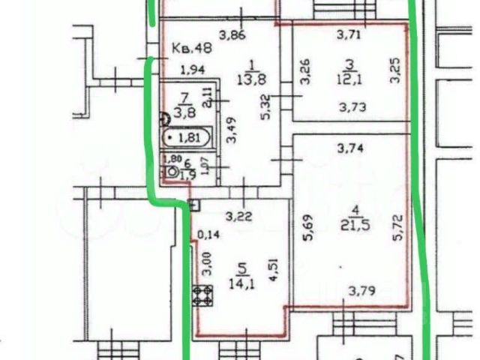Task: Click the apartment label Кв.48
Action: (192, 48)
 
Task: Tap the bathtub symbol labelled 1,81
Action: (188, 138)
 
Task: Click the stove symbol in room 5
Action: (202, 295)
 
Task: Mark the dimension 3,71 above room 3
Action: (349, 34)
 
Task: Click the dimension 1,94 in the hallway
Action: (193, 70)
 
